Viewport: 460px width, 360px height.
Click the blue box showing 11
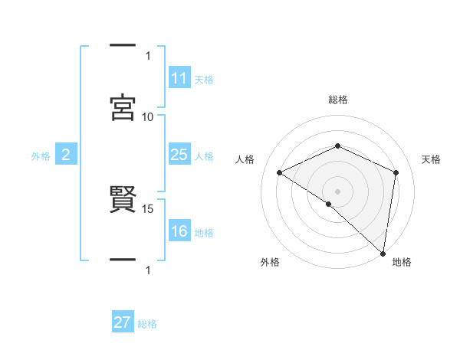(x=179, y=77)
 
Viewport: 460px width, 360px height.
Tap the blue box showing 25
(x=179, y=155)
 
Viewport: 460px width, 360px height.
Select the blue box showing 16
(x=179, y=231)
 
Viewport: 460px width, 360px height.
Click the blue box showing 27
(x=123, y=322)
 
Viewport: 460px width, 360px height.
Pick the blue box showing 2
(x=66, y=155)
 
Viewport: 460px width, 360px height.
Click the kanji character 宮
(x=123, y=108)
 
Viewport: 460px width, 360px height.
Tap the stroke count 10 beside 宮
(x=148, y=116)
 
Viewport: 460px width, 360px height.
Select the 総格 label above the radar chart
(x=337, y=100)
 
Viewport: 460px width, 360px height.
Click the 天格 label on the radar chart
(x=431, y=159)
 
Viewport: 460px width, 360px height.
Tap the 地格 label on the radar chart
(x=402, y=262)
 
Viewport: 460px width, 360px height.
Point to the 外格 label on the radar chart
(x=270, y=262)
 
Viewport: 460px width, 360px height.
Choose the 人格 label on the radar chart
(x=245, y=159)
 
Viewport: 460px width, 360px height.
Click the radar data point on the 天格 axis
(x=396, y=172)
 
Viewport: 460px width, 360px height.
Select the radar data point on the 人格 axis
(x=280, y=172)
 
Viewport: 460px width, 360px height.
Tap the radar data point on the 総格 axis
(x=337, y=146)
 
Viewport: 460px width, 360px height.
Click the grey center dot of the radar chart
(x=337, y=191)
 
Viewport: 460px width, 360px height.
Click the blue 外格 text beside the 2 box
(x=41, y=155)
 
